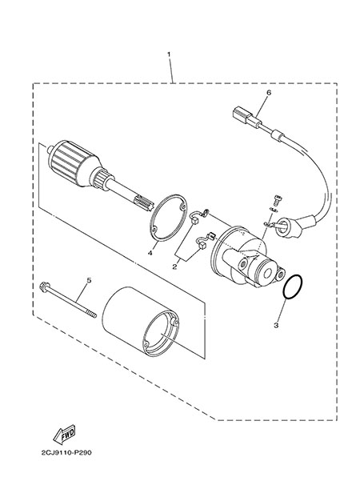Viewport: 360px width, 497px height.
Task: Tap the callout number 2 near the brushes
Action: pos(174,267)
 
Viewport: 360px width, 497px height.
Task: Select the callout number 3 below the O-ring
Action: pos(276,325)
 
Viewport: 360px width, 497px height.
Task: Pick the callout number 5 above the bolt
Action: pos(89,280)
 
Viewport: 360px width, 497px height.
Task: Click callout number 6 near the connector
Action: pos(269,93)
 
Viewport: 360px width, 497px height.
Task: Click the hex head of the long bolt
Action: pos(44,287)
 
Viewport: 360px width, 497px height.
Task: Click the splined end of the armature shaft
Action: pos(143,202)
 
